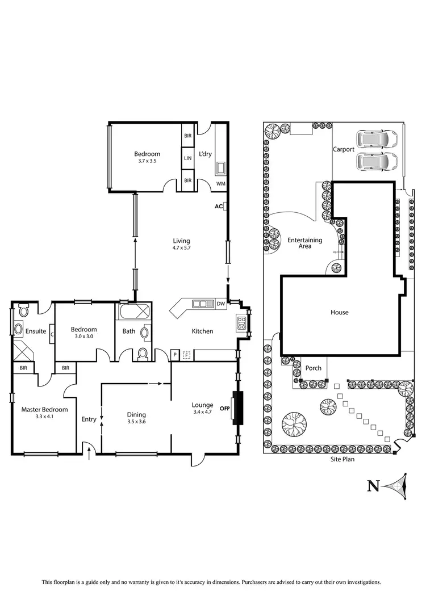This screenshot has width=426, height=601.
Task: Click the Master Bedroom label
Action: (x=44, y=409)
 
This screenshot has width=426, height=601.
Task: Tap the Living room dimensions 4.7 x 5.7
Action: (x=181, y=248)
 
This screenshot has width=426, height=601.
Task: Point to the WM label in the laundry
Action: (x=220, y=183)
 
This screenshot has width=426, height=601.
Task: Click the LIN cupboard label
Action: (x=187, y=158)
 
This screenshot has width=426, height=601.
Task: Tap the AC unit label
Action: (x=218, y=207)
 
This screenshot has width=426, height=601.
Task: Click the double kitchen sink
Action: (x=201, y=304)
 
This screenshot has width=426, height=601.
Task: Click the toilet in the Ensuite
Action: (x=23, y=310)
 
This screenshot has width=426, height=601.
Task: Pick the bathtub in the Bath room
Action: (x=134, y=312)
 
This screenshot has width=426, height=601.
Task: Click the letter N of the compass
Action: (x=373, y=486)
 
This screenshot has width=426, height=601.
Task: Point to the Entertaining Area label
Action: (x=304, y=243)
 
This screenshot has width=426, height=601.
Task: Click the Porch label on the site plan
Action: (x=314, y=368)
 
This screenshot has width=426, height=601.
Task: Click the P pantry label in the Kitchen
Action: (x=176, y=355)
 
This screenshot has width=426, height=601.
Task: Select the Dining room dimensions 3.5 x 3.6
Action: (x=136, y=421)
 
